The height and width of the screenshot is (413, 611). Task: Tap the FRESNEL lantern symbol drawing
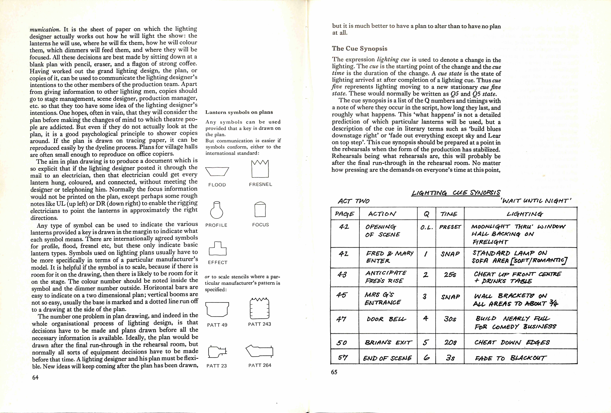click(x=260, y=169)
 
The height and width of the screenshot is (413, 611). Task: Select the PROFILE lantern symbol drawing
click(x=217, y=210)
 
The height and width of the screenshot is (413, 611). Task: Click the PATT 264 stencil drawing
click(x=259, y=351)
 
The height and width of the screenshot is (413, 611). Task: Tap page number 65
click(x=334, y=372)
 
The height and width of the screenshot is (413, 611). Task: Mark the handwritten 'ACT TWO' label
click(x=354, y=201)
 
